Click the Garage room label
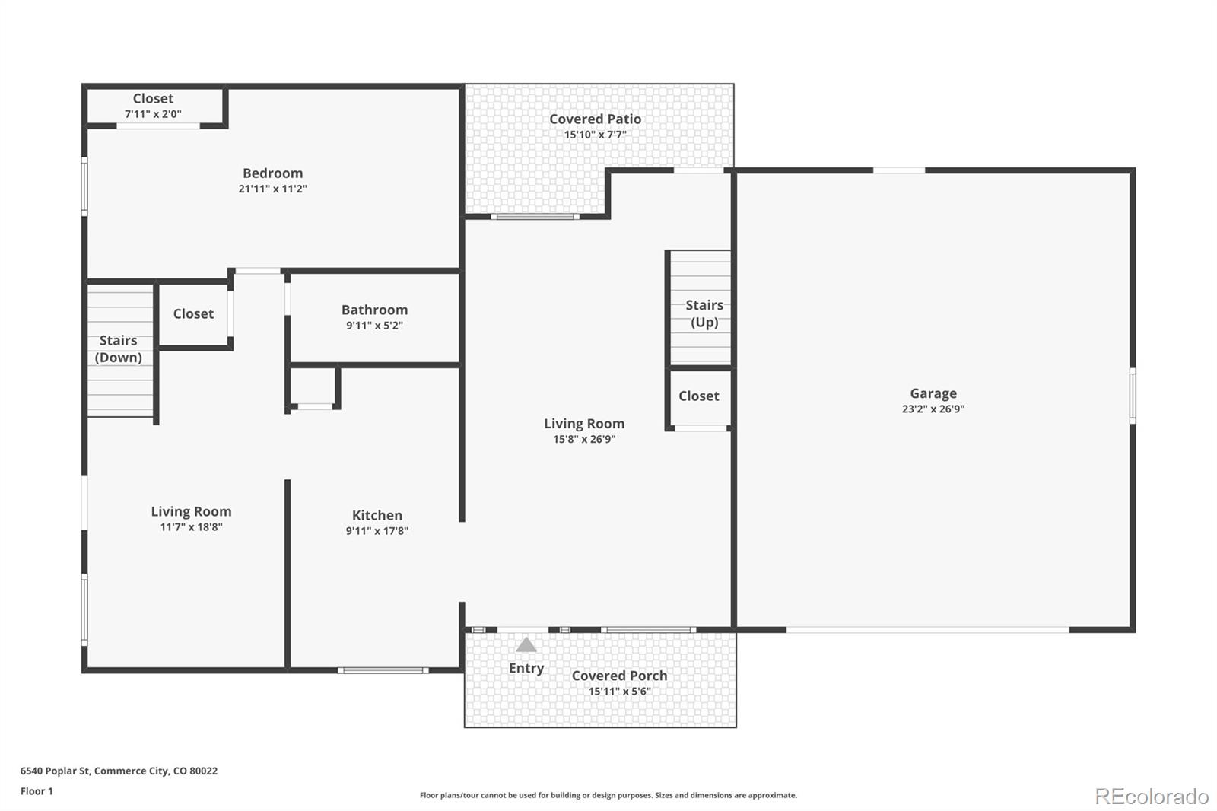pyautogui.click(x=933, y=393)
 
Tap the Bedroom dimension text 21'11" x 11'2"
pyautogui.click(x=273, y=189)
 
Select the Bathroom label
pyautogui.click(x=374, y=310)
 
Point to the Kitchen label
pyautogui.click(x=377, y=515)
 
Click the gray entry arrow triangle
pyautogui.click(x=526, y=645)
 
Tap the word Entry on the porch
pyautogui.click(x=526, y=668)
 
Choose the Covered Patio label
pyautogui.click(x=595, y=119)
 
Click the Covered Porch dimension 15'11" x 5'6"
pyautogui.click(x=619, y=691)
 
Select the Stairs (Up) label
pyautogui.click(x=704, y=313)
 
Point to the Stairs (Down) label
pyautogui.click(x=119, y=349)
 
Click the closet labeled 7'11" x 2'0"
pyautogui.click(x=153, y=106)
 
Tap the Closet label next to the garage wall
pyautogui.click(x=699, y=396)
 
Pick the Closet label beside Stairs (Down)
pyautogui.click(x=193, y=313)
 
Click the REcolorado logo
pyautogui.click(x=1152, y=797)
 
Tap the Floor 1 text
pyautogui.click(x=37, y=791)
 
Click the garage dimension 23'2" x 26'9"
pyautogui.click(x=933, y=409)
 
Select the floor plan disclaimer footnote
pyautogui.click(x=608, y=795)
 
